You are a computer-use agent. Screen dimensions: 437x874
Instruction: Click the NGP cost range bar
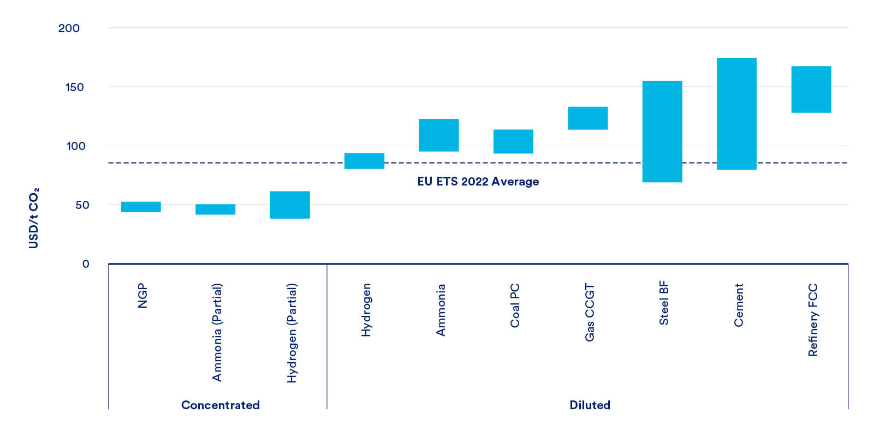[x=141, y=207]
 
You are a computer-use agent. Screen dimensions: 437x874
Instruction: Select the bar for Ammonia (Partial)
[x=215, y=209]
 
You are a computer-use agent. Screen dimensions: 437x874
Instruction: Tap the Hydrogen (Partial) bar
[x=290, y=205]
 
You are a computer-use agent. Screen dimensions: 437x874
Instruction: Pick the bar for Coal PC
[x=513, y=141]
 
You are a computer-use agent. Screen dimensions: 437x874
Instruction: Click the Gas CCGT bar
[x=587, y=118]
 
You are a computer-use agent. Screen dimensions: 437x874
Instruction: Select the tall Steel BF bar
[x=662, y=131]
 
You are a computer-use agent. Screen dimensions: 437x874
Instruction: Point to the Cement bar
[x=736, y=113]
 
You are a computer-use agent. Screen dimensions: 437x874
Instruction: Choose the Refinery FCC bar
[x=811, y=89]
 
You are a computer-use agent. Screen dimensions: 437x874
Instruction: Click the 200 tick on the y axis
[x=69, y=28]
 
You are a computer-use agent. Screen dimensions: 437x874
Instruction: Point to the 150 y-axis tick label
[x=74, y=87]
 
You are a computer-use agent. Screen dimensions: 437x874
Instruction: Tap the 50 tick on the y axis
[x=82, y=205]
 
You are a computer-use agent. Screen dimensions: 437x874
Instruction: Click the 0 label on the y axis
[x=86, y=264]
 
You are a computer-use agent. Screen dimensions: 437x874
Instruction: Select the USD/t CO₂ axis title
[x=34, y=218]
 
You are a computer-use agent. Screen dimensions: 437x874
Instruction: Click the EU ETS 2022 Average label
[x=478, y=182]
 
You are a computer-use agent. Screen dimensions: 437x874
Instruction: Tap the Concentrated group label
[x=221, y=405]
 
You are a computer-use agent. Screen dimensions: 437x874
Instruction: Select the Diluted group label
[x=590, y=405]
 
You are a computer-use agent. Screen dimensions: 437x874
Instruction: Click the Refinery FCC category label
[x=813, y=320]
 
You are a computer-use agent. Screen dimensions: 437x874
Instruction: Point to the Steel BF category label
[x=664, y=303]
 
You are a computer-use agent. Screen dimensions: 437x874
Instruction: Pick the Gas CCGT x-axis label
[x=590, y=312]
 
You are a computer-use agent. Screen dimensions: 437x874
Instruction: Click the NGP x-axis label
[x=142, y=296]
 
